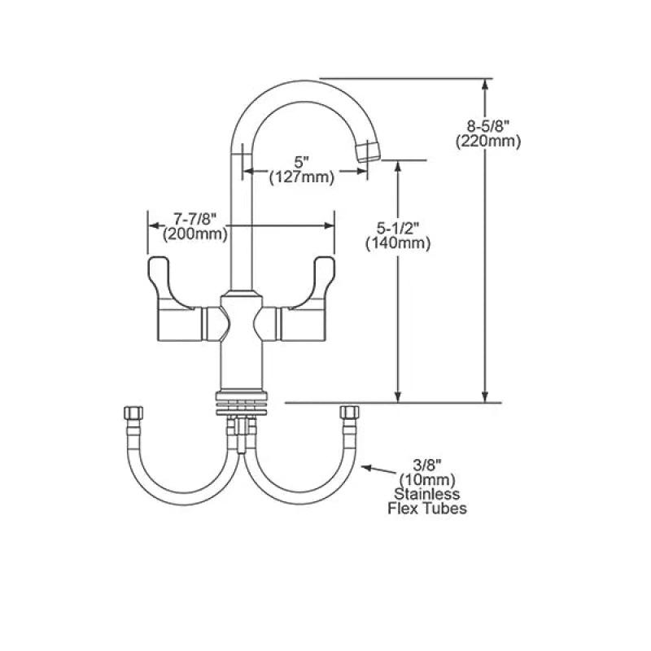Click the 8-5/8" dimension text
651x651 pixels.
487,126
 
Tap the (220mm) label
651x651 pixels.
487,142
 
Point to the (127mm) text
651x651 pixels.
302,177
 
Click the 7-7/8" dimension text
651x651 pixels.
195,218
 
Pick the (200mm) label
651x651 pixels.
195,234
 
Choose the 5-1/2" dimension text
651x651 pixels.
398,228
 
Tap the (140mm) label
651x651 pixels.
398,243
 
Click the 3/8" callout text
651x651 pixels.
428,464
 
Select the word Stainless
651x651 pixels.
427,494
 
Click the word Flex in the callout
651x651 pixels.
402,509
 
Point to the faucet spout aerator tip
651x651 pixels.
369,151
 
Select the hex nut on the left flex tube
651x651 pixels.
133,413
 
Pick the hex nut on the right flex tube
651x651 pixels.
349,412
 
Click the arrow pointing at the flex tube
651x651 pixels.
378,470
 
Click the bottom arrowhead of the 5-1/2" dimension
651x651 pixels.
398,397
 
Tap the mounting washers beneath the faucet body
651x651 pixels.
242,403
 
